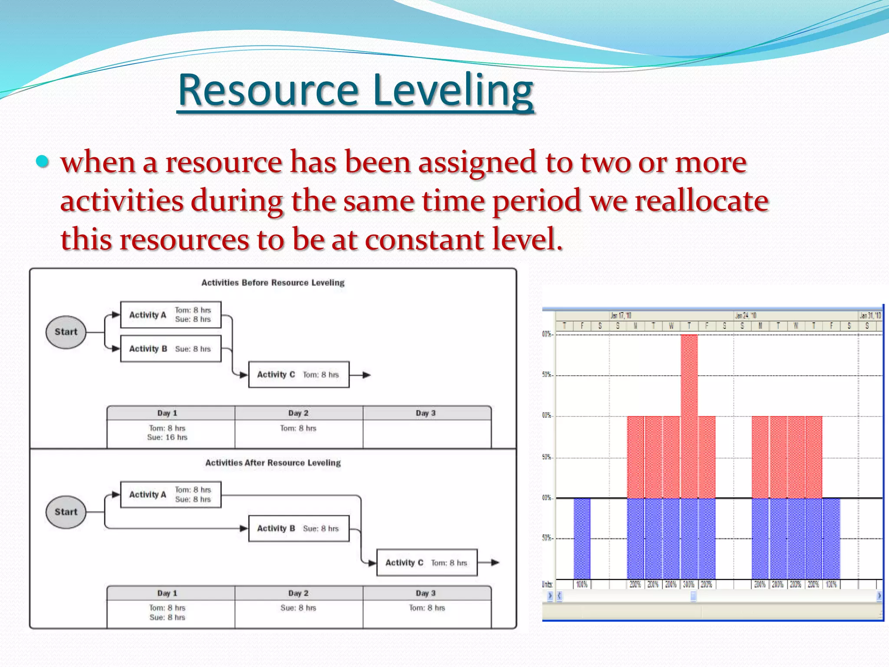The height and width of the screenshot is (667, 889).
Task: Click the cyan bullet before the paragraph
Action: (42, 162)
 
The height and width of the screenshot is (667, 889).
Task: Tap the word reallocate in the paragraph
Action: (701, 201)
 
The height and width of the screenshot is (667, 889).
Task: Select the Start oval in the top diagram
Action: (66, 332)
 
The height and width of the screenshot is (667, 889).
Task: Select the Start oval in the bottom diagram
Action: (66, 512)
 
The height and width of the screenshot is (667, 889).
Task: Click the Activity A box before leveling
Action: (171, 315)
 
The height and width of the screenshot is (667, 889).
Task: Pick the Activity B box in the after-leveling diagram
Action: (299, 528)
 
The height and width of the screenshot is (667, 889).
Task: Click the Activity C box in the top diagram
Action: (299, 374)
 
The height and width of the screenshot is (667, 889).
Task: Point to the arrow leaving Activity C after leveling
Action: (490, 563)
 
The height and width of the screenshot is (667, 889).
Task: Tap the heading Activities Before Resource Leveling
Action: (273, 283)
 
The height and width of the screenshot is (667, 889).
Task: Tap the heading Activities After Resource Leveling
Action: (273, 463)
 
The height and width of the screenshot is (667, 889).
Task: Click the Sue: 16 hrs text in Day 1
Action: (167, 437)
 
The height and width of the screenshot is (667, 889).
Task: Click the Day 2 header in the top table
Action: (298, 413)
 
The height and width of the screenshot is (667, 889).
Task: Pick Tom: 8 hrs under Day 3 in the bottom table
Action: (427, 608)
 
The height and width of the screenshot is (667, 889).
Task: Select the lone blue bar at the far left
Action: (582, 538)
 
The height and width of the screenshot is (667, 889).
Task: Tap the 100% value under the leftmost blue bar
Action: (582, 584)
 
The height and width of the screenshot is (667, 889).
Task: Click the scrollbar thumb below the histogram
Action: (693, 596)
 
